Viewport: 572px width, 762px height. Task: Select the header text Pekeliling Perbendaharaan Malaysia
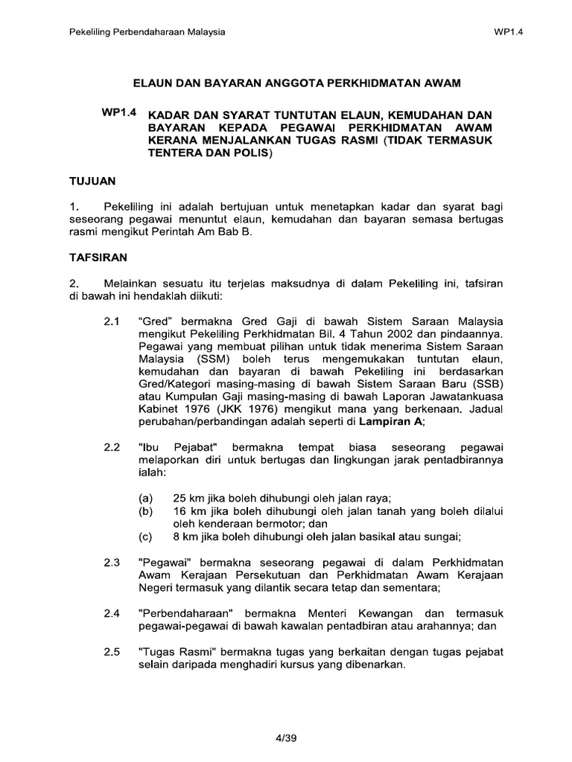coord(147,33)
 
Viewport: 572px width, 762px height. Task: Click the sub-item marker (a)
coord(146,498)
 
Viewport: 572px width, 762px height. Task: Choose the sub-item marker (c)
coord(146,537)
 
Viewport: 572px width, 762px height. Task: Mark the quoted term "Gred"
coord(156,321)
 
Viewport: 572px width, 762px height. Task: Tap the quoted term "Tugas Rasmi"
coord(175,651)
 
